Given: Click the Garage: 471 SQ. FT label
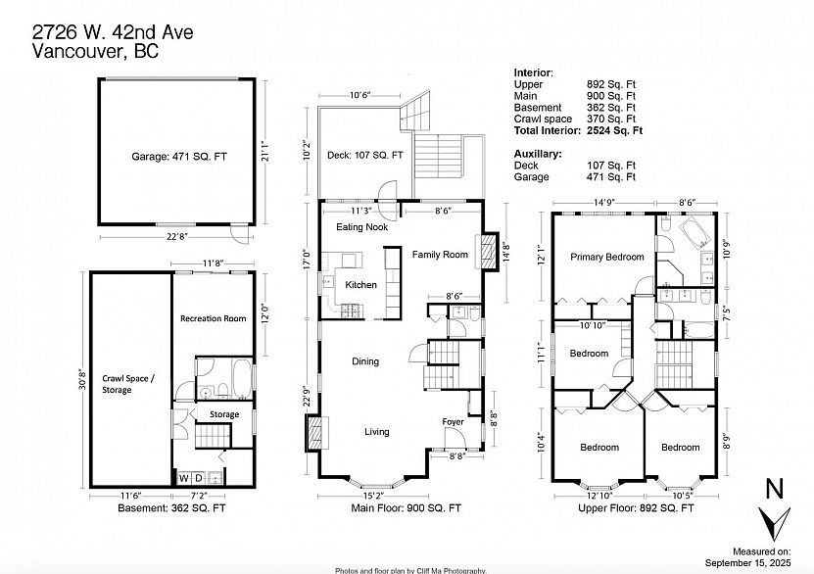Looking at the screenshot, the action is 179,156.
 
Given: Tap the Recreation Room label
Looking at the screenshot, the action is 213,318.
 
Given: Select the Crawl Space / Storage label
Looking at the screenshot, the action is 127,384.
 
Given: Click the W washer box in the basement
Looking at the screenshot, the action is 184,478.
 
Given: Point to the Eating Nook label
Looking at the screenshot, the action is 361,227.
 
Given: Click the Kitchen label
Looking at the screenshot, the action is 360,284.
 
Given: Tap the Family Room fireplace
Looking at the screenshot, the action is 487,251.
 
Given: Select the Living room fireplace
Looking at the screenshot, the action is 315,432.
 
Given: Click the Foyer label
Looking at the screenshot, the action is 453,421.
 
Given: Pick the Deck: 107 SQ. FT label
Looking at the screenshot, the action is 365,155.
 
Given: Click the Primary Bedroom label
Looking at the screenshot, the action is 607,257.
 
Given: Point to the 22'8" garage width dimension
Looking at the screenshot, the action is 176,237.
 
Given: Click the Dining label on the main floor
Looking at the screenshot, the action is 365,361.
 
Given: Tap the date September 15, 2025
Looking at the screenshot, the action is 747,562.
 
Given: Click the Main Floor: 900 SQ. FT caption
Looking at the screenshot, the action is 406,508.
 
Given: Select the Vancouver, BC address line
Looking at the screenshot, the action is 96,51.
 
